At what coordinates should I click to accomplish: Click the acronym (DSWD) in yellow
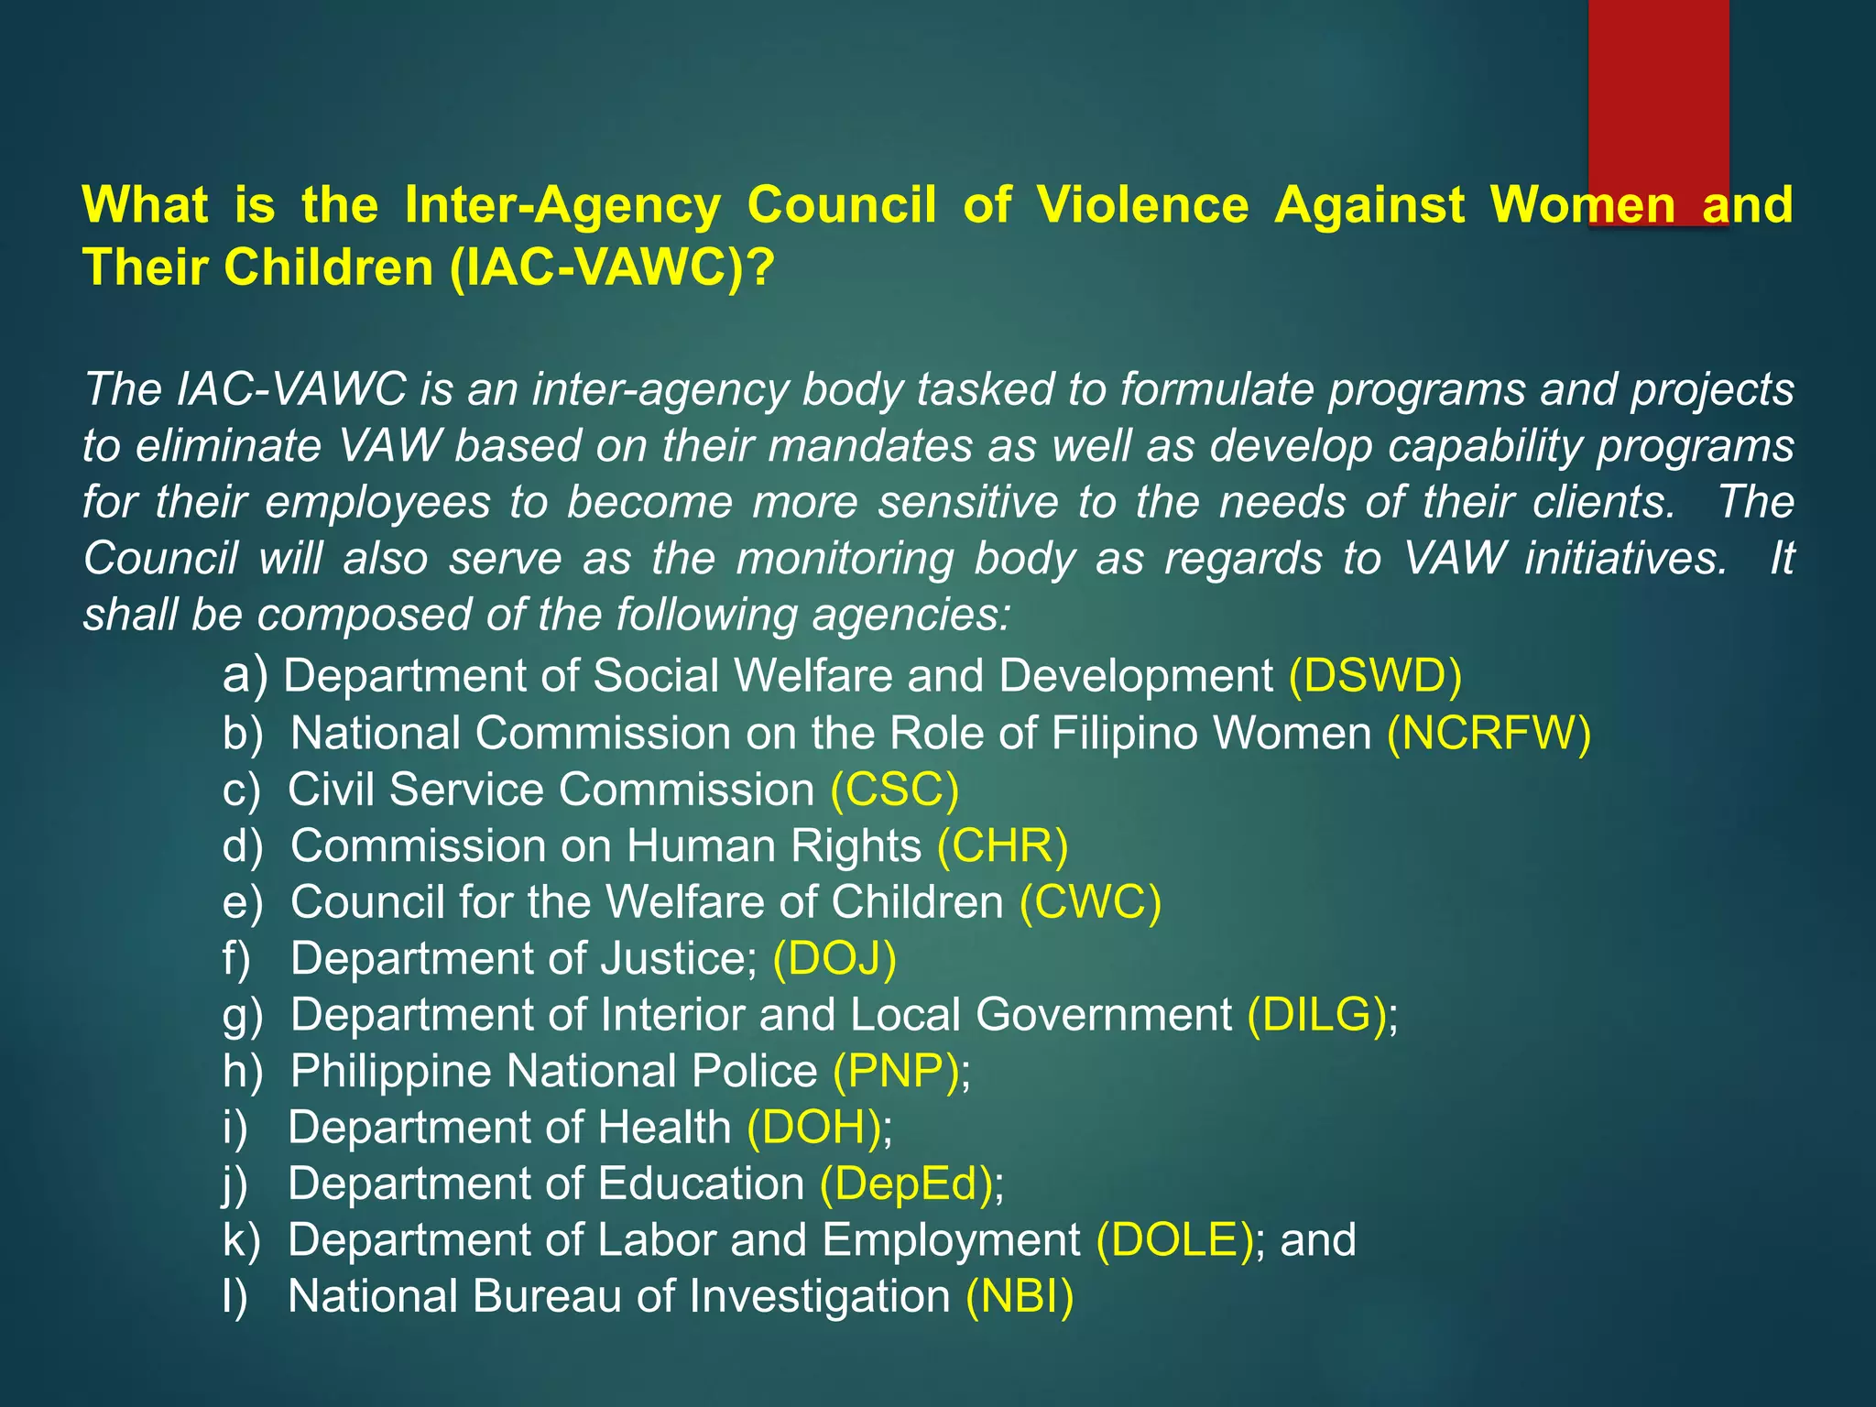tap(1375, 676)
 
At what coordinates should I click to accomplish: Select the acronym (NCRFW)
tap(1489, 733)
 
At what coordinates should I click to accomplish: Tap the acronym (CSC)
tap(894, 790)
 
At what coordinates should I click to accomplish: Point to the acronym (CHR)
tap(1002, 845)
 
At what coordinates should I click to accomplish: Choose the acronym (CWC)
tap(1090, 902)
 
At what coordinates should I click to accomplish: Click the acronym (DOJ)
tap(834, 959)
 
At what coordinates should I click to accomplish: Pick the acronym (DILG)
tap(1316, 1015)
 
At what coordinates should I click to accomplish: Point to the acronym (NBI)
tap(1019, 1296)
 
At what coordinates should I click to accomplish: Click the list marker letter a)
tap(245, 676)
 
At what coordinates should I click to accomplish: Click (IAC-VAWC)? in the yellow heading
tap(612, 267)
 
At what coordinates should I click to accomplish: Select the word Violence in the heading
tap(1142, 204)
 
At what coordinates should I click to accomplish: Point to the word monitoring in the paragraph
tap(845, 558)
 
